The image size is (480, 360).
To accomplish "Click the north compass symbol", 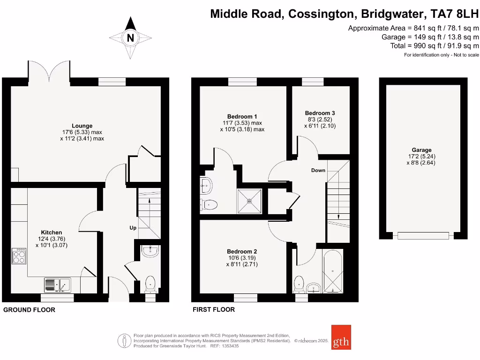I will click(x=130, y=38).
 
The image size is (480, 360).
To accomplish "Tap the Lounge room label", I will click(x=82, y=126).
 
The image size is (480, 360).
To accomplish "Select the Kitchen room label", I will click(x=52, y=232).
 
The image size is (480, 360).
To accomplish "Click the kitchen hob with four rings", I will click(x=19, y=256).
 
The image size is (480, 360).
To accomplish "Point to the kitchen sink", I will click(x=57, y=285).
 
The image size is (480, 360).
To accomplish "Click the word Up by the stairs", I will click(x=133, y=228).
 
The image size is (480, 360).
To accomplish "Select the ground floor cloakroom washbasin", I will click(x=150, y=251).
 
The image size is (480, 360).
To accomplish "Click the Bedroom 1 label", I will click(x=242, y=116).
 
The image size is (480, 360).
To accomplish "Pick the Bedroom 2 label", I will click(x=242, y=251).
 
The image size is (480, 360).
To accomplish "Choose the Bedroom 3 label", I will click(x=320, y=113).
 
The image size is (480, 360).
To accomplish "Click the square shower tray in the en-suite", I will click(x=249, y=200).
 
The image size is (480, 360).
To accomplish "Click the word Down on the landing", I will click(x=318, y=170).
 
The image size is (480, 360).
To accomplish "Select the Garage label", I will click(x=422, y=150).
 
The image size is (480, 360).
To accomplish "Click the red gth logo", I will click(x=341, y=337).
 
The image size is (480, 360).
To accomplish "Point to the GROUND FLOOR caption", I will click(x=29, y=310).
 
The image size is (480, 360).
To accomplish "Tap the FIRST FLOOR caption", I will click(x=214, y=310).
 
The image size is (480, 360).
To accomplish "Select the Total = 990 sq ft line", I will click(x=435, y=45).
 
